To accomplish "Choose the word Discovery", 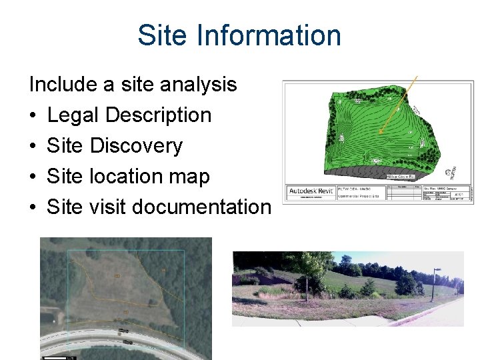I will coord(136,145).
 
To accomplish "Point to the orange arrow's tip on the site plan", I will coord(379,134).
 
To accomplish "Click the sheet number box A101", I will coord(459,195).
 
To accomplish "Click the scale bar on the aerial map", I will coord(55,357).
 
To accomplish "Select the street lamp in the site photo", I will coord(435,280).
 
